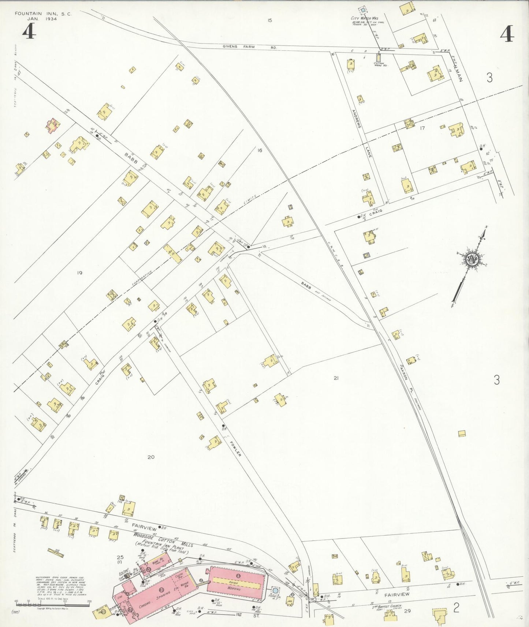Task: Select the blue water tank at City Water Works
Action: [363, 10]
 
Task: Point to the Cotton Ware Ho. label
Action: [379, 64]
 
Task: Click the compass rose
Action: [472, 259]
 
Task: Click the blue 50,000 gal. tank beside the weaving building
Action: [275, 590]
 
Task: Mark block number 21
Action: [336, 378]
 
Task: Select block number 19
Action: [79, 273]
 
